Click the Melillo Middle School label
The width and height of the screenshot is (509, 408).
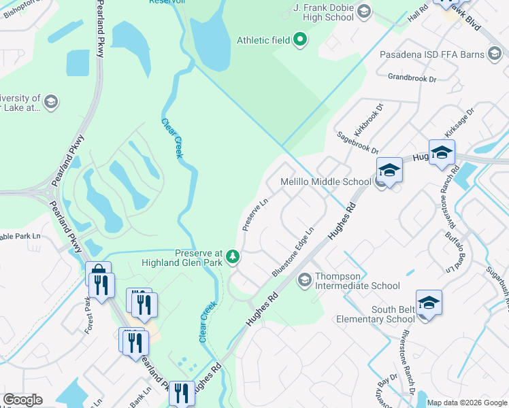[326, 182]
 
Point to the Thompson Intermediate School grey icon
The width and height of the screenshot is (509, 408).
[304, 279]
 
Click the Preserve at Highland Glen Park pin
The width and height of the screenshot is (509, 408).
[233, 256]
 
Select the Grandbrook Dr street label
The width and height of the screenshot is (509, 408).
[412, 78]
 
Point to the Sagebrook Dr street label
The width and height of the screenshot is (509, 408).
[357, 143]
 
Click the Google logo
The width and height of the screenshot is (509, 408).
[22, 400]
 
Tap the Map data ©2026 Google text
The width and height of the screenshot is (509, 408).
[466, 403]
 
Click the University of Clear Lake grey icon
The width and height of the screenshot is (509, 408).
[50, 103]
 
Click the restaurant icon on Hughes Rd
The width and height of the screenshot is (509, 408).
[181, 394]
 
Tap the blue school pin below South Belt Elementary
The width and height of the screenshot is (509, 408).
[429, 303]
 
